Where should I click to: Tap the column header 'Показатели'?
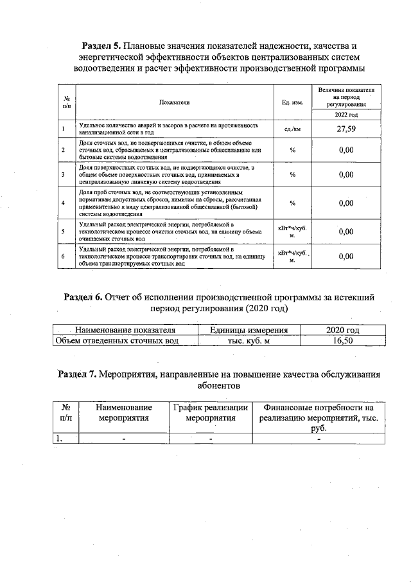tap(174, 102)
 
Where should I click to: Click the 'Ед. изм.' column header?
tap(292, 102)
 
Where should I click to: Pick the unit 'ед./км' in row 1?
tap(292, 129)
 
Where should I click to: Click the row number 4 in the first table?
tap(64, 203)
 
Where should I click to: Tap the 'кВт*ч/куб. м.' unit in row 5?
tap(292, 230)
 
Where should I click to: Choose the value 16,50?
tap(343, 341)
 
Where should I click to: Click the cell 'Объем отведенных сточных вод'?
tap(117, 341)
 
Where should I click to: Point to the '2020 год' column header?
tap(343, 330)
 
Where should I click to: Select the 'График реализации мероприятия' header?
tap(210, 412)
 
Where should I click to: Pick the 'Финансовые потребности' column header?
tap(319, 412)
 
